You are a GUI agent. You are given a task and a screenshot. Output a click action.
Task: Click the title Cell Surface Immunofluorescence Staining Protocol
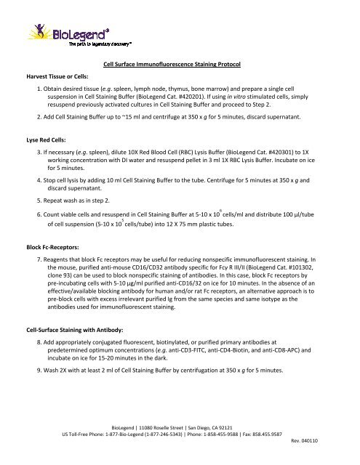click(180, 65)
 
